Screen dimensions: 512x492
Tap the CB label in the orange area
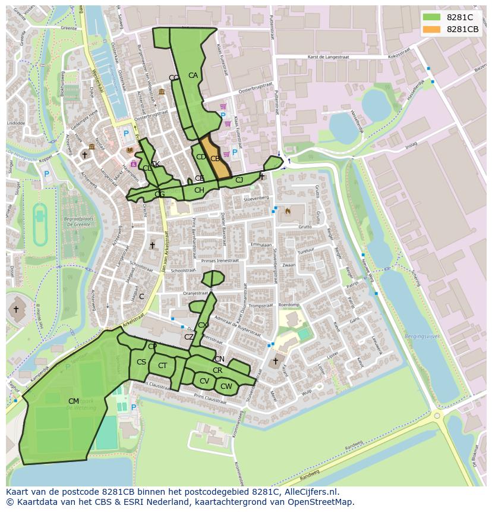(215, 159)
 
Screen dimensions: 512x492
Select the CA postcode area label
(193, 76)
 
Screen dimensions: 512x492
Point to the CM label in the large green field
(74, 401)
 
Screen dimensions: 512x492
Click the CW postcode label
(226, 387)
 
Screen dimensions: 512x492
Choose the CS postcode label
(141, 362)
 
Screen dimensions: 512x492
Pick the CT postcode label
(162, 366)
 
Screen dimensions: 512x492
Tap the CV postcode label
(204, 381)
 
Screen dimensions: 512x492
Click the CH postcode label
(199, 190)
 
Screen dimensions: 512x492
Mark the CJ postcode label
(239, 180)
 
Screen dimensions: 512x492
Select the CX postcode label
(203, 325)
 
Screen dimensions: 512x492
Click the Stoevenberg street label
(256, 199)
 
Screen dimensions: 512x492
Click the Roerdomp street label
(289, 304)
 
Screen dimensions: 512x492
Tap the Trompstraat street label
(260, 306)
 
